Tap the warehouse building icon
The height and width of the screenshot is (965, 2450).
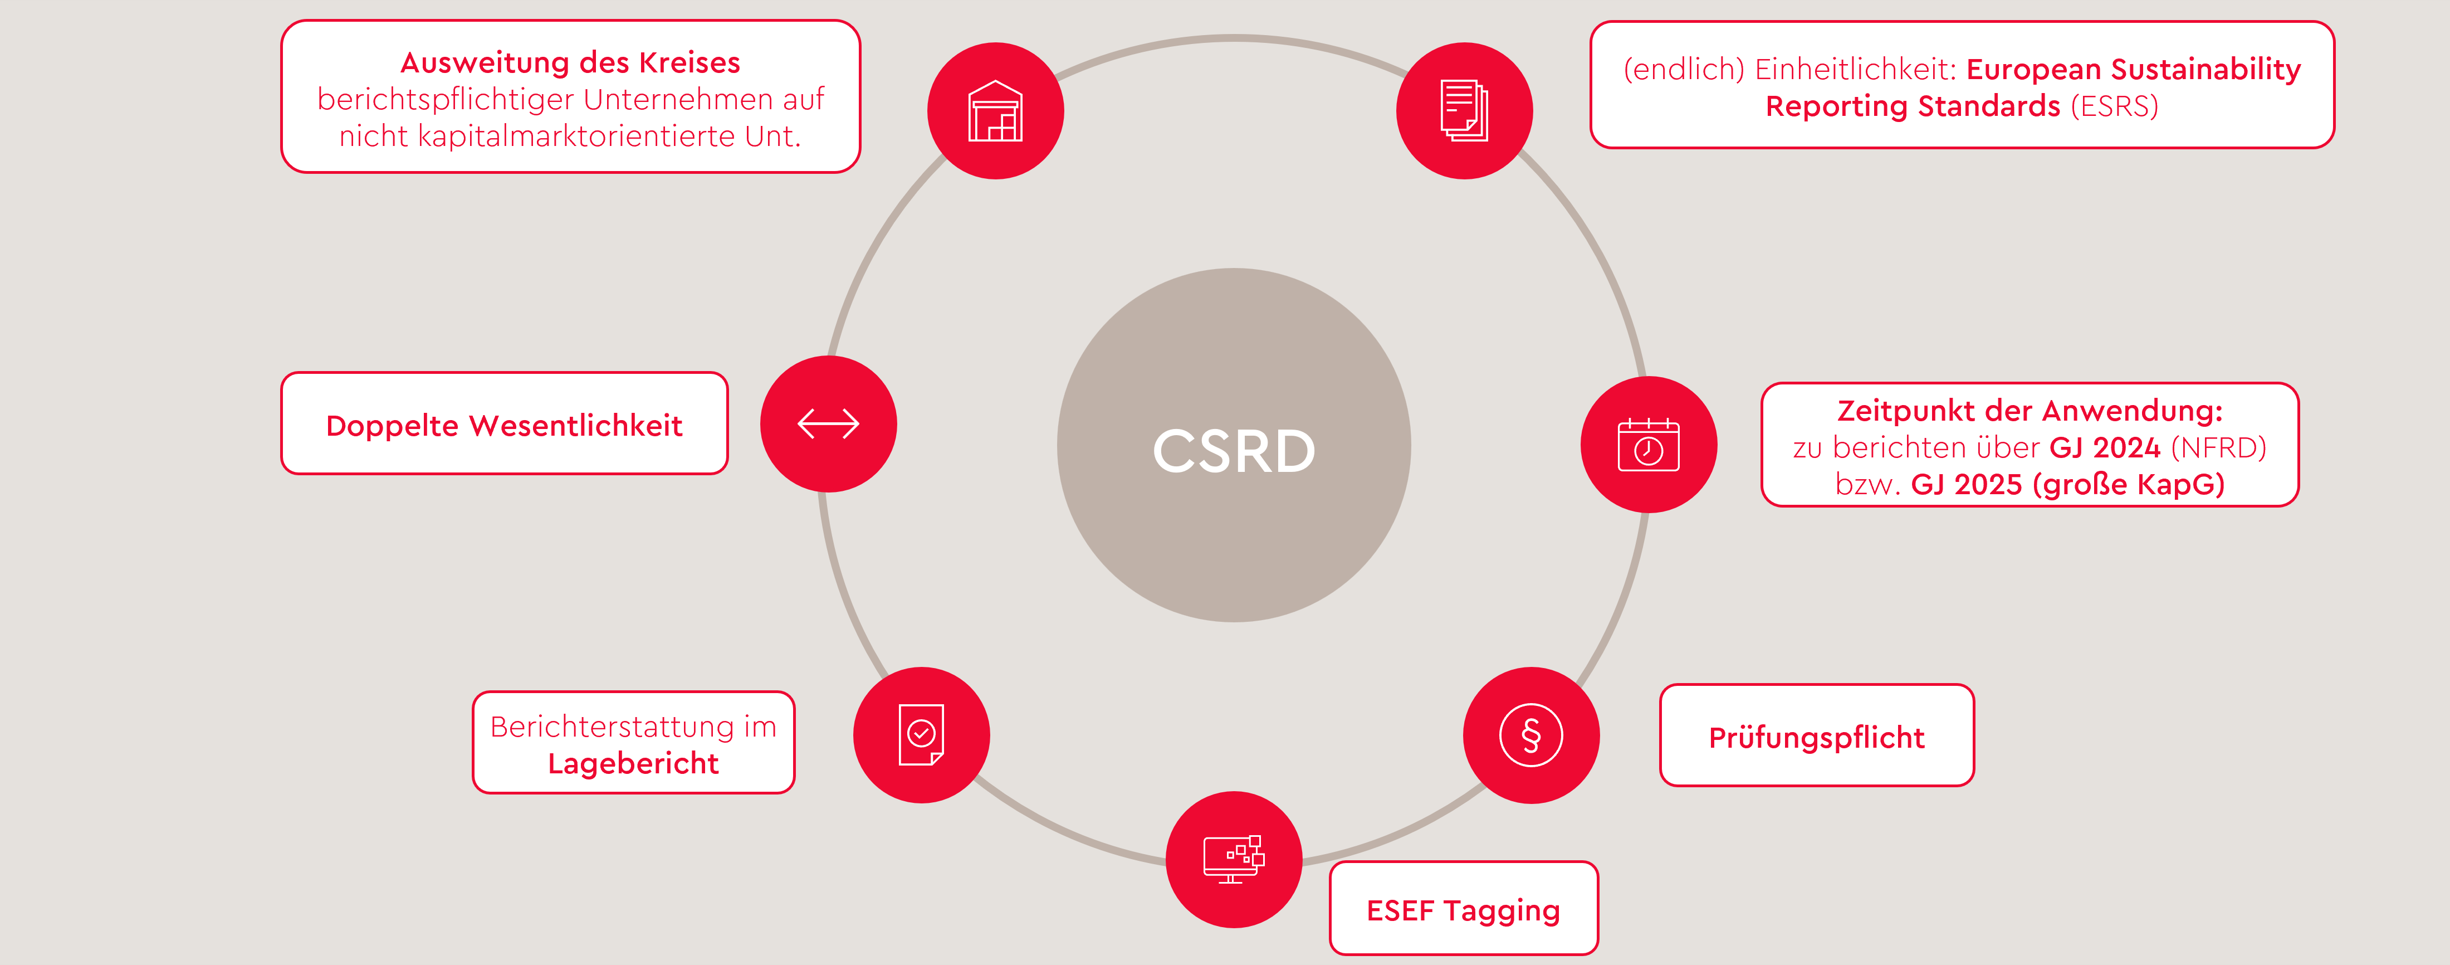[x=995, y=111]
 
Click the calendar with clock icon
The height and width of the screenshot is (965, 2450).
[x=1648, y=445]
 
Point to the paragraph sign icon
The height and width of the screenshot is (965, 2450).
[x=1530, y=735]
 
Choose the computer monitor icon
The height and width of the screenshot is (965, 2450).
[x=1234, y=859]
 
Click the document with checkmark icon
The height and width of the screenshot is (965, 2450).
[x=921, y=735]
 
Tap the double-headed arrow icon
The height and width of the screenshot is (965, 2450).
[x=828, y=423]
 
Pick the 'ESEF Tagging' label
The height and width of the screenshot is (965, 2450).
[x=1463, y=910]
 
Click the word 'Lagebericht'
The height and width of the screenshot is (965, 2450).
[x=633, y=763]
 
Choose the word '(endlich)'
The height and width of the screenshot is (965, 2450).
[x=1684, y=70]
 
